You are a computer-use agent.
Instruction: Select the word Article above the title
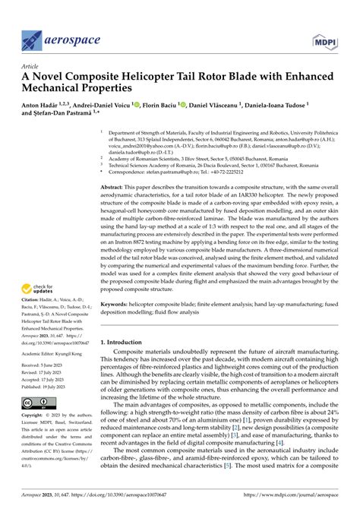[x=31, y=66]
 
